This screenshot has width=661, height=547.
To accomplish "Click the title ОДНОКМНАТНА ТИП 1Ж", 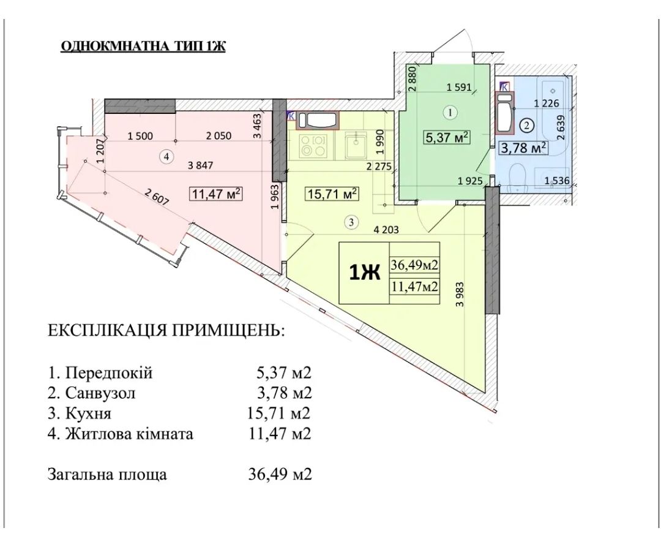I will click(143, 47).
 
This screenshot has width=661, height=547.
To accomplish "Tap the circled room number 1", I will click(450, 112).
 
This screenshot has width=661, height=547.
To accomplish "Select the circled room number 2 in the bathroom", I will click(527, 124).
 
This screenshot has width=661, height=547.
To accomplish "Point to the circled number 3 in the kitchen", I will click(351, 222).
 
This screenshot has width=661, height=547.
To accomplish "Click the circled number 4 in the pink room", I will click(165, 157).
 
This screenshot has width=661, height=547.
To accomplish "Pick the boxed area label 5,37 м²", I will click(447, 138).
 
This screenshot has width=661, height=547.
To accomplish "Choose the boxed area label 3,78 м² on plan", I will click(524, 148).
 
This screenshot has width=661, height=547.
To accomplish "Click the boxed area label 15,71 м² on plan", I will click(331, 195).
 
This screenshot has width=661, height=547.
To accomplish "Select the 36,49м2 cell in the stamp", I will click(416, 265).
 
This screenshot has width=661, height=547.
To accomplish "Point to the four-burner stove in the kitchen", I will click(313, 146).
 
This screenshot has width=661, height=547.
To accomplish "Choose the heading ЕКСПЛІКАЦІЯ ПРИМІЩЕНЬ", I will click(166, 332).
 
